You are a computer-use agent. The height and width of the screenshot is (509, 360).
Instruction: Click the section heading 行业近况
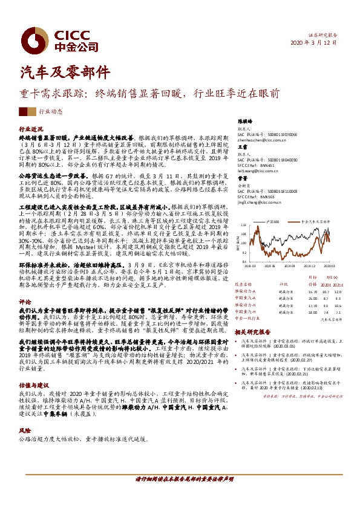31,129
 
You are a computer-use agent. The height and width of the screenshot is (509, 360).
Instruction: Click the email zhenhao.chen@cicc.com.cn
262,140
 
